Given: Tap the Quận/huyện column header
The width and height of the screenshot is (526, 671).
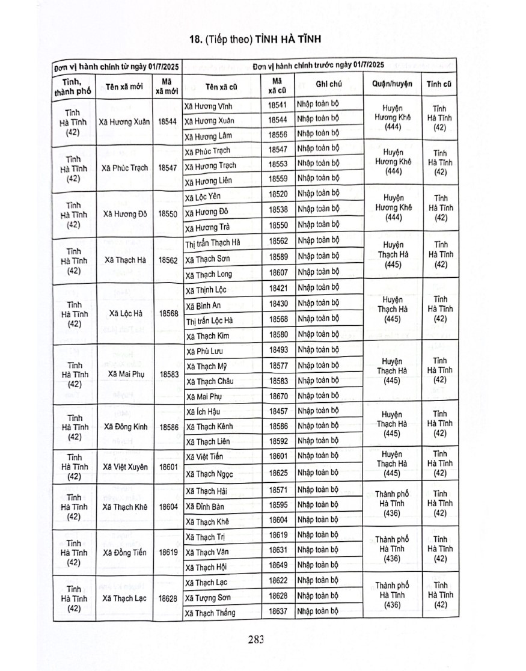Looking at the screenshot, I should (x=392, y=84).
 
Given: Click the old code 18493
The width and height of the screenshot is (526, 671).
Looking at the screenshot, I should (x=278, y=350).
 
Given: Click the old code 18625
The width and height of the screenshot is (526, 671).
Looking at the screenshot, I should (x=278, y=473).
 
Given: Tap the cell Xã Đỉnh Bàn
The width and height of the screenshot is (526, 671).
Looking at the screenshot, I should (x=206, y=506).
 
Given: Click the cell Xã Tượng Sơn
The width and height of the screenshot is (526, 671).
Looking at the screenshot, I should (x=208, y=598).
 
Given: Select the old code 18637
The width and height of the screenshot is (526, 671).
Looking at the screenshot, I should (x=278, y=612).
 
